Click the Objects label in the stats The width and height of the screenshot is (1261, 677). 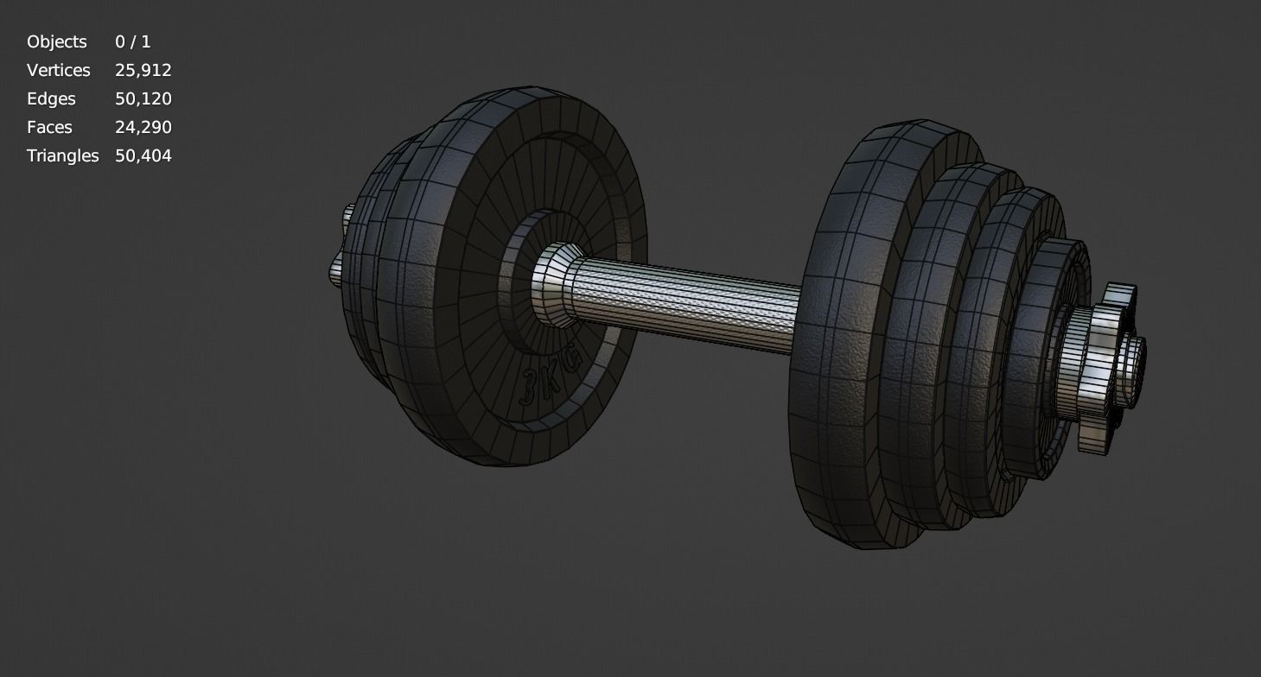(x=57, y=41)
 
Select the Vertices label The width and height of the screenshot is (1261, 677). (x=59, y=70)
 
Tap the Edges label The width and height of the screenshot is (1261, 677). (x=51, y=98)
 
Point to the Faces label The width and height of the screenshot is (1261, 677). (x=49, y=127)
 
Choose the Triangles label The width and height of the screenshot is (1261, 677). (x=63, y=155)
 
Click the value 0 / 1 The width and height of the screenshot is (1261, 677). (x=132, y=41)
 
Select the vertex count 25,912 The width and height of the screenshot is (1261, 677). (x=143, y=70)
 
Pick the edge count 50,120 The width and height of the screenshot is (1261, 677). (x=143, y=98)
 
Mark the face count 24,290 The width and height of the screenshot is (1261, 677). (x=143, y=127)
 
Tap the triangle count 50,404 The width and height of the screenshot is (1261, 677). (x=143, y=155)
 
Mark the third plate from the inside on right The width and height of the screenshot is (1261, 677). (x=994, y=345)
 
